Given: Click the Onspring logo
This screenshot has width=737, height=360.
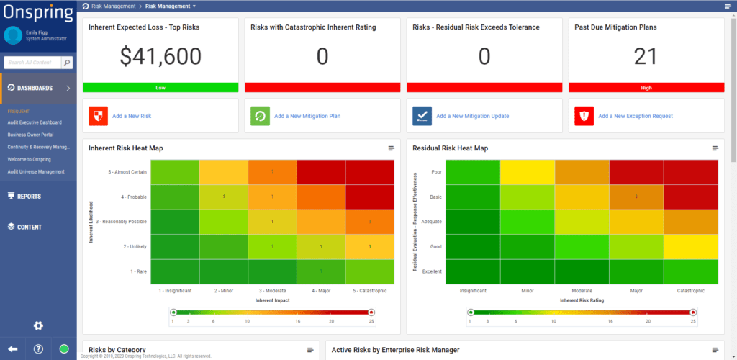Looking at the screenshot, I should point(37,13).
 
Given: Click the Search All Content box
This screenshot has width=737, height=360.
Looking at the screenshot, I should point(32,63).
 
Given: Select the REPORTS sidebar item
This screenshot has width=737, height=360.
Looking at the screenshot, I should point(29,196).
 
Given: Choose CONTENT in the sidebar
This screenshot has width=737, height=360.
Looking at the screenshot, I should point(30,227).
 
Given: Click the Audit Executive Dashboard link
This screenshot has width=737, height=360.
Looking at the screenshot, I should point(35,122).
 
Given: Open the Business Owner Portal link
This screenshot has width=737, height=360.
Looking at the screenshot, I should point(31,135).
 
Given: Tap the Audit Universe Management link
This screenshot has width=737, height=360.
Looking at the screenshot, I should point(36,171).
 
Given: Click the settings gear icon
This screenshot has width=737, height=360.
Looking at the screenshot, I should point(38,325).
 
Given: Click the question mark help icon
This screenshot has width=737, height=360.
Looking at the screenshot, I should point(38,349).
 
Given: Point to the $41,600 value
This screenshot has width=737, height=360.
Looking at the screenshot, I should point(160,56).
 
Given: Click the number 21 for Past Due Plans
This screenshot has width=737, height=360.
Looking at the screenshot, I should point(646,56).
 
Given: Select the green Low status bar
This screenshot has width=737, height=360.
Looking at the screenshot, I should point(160,87).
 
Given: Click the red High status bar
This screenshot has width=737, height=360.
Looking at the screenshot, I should point(646,87).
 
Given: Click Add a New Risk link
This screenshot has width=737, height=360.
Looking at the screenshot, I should point(132,116).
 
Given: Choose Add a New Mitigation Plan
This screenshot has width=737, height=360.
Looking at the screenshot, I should point(307,116).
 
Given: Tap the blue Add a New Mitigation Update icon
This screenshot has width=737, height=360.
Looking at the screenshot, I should point(422,116).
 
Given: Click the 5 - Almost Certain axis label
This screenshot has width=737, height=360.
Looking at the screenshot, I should point(127,171).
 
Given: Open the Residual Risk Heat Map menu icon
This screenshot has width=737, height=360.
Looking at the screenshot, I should point(715,148).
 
